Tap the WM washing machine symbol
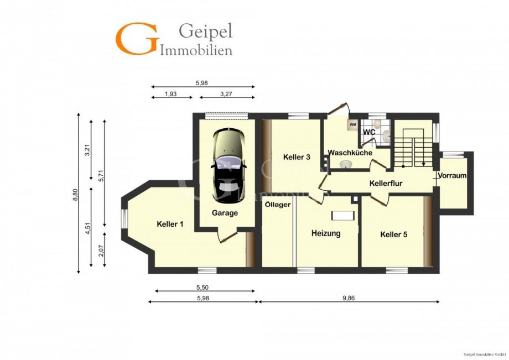tap(353, 124)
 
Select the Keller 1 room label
tap(170, 224)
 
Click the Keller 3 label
tap(297, 157)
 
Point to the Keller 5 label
tap(394, 234)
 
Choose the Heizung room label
tap(326, 233)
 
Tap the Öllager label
tap(278, 205)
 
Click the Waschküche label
tap(350, 153)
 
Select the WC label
tap(369, 132)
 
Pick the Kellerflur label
tap(386, 184)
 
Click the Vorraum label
tap(452, 176)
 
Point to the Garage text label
tap(225, 213)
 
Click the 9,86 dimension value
tap(349, 298)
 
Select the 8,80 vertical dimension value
tap(75, 195)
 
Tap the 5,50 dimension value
tap(202, 288)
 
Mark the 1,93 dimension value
tap(171, 94)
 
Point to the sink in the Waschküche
tap(346, 165)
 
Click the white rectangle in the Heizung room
tap(342, 216)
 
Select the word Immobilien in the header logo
tap(196, 51)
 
